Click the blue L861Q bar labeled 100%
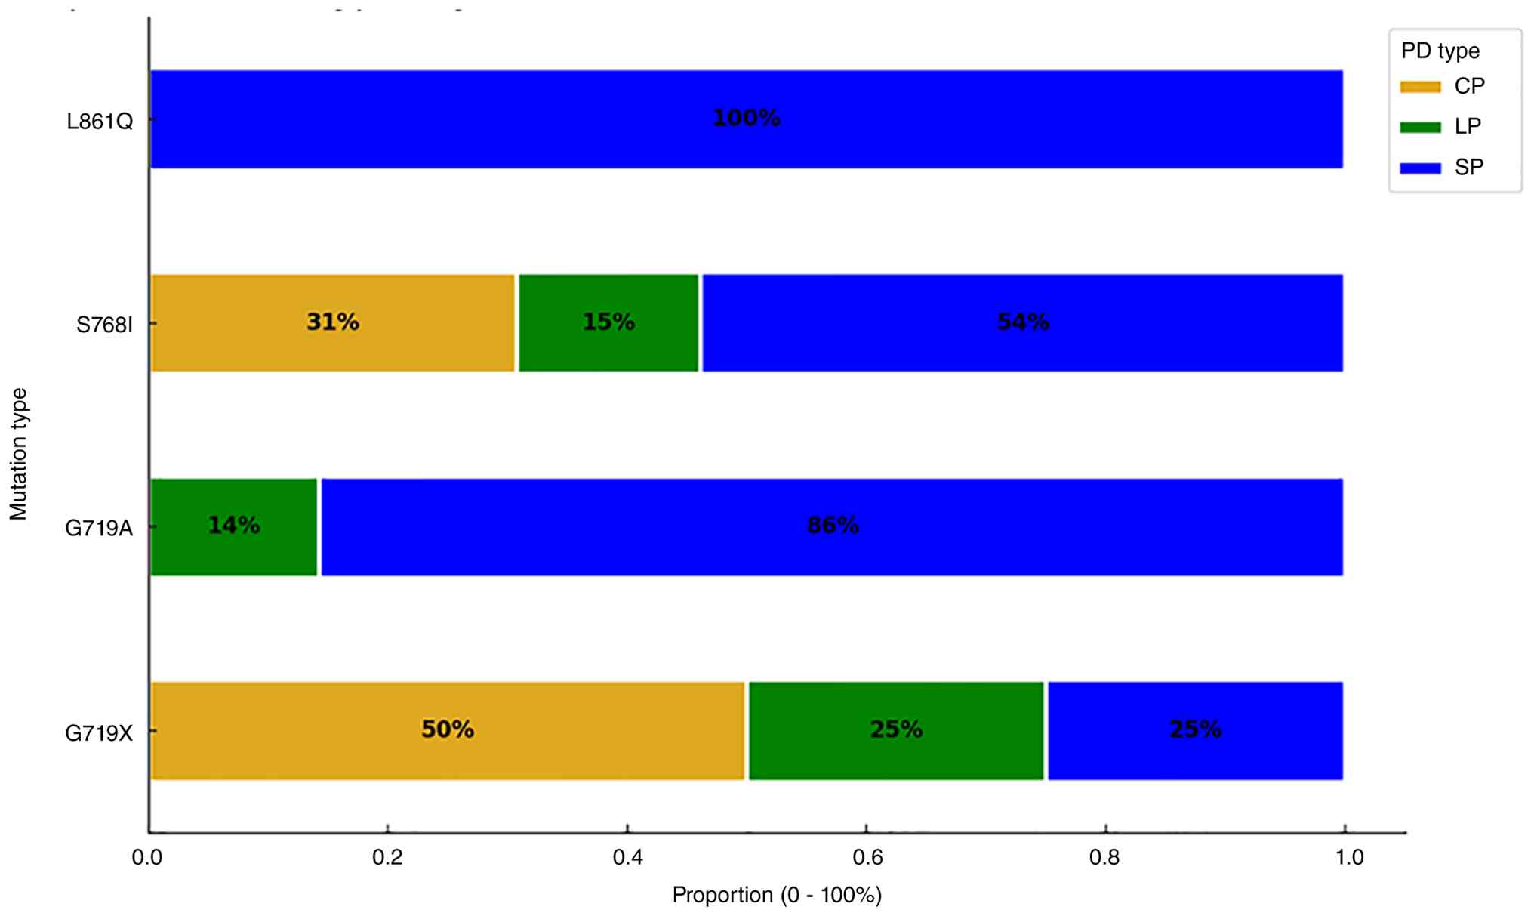click(747, 119)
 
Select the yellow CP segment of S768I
click(333, 323)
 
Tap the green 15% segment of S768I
click(608, 323)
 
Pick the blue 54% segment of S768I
click(1023, 323)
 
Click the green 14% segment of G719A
click(234, 527)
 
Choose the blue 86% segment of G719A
click(832, 527)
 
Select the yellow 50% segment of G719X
click(448, 731)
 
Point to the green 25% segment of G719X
click(896, 731)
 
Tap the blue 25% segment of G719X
click(1195, 731)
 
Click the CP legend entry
click(1443, 86)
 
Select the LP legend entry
click(1440, 126)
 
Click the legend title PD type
click(1440, 51)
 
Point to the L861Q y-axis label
click(100, 121)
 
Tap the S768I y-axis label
click(104, 325)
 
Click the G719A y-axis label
click(99, 529)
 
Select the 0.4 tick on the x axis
click(627, 858)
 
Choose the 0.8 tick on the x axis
click(1104, 858)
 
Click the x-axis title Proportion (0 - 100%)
click(777, 895)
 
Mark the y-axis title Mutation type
click(18, 454)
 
